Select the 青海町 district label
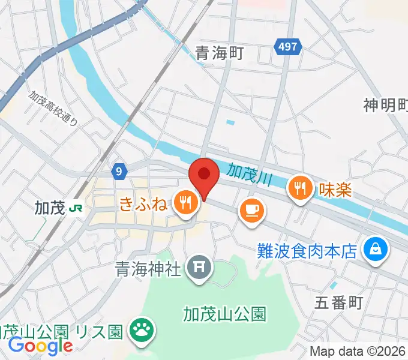point(219,53)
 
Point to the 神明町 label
point(385,106)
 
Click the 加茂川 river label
point(250,175)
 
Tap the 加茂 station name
point(49,208)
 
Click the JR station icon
point(76,208)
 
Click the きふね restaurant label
point(143,203)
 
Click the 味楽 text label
point(334,190)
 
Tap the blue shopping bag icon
point(376,247)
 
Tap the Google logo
point(40,346)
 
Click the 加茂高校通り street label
point(54,107)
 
